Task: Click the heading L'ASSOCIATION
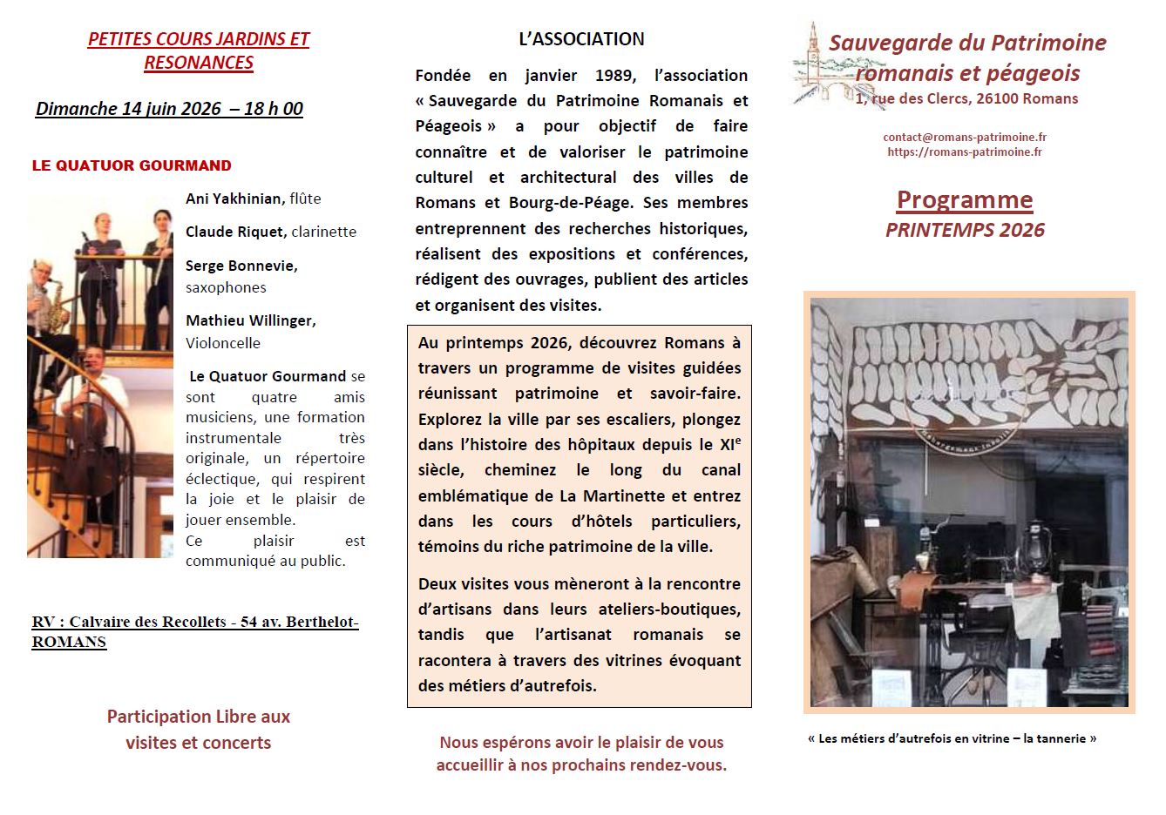pos(581,39)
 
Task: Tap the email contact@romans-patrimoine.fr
pos(965,137)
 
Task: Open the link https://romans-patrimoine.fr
pos(965,152)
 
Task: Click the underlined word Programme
pos(965,200)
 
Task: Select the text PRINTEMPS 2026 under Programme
pos(965,230)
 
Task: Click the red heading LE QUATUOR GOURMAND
pos(132,165)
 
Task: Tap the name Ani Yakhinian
pos(234,199)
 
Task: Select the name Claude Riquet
pos(235,232)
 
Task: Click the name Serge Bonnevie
pos(241,266)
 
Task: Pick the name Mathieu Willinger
pos(250,320)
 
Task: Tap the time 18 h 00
pos(274,109)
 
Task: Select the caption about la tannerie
pos(952,738)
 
